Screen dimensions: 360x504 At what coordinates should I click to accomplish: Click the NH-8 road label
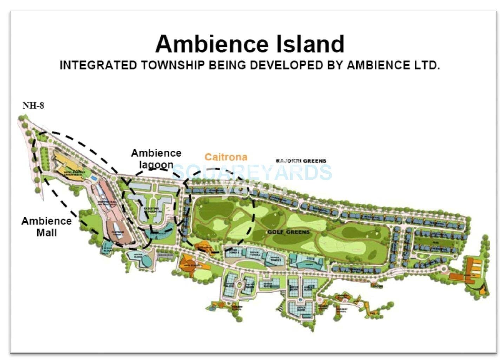click(33, 106)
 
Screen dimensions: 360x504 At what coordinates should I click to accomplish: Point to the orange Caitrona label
click(226, 157)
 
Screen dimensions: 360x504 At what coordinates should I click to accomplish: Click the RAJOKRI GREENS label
click(301, 161)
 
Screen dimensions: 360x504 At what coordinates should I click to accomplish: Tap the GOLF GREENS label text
click(288, 232)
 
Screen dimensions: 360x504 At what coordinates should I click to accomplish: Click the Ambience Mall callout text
click(46, 227)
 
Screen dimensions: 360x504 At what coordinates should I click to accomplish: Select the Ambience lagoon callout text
click(156, 159)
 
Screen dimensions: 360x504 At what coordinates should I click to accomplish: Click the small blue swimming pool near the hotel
click(93, 178)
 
